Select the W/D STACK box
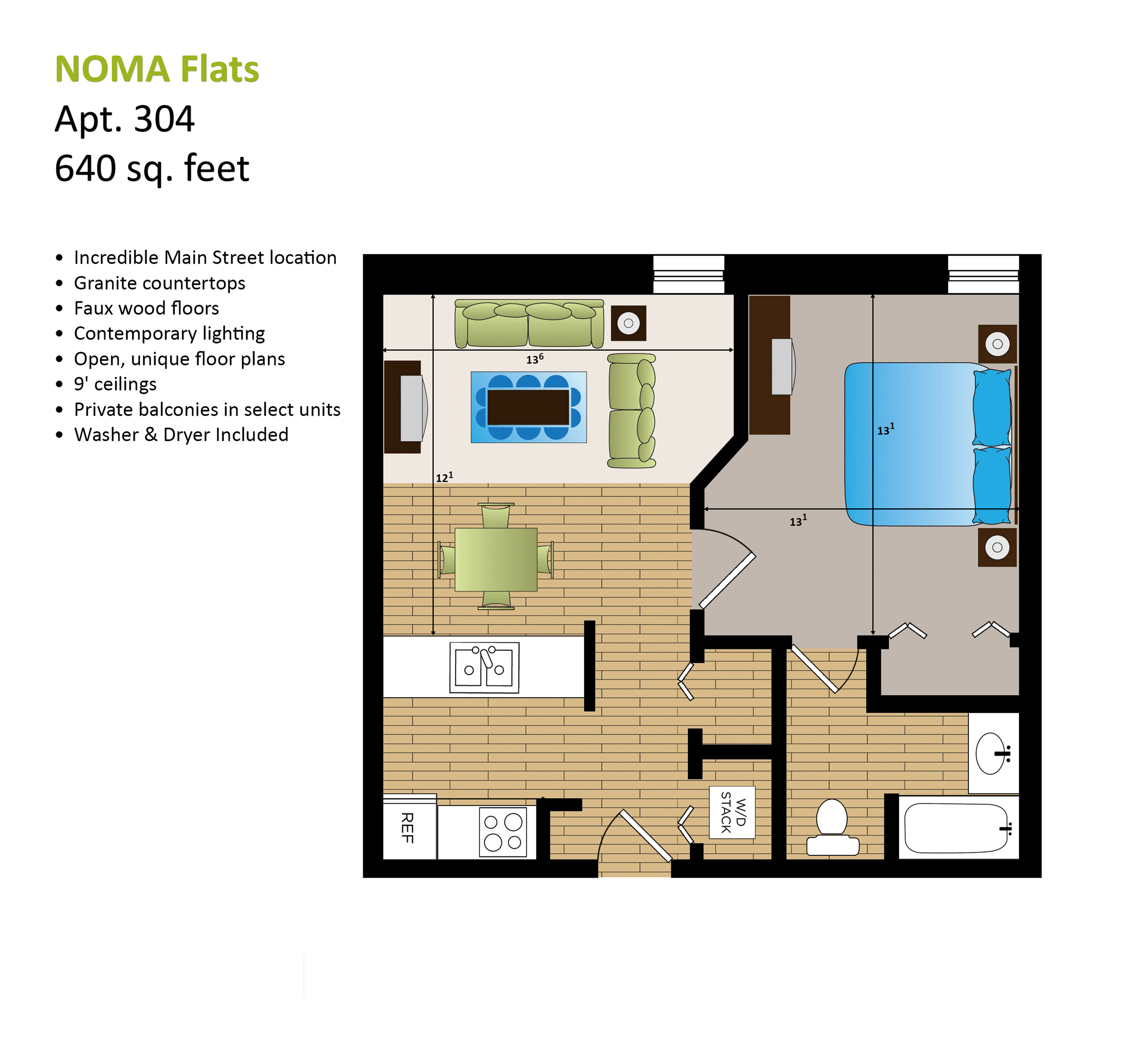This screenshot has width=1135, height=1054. (732, 812)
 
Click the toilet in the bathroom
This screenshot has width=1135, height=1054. (832, 827)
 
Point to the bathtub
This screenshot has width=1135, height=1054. (957, 827)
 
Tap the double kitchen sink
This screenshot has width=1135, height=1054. (484, 667)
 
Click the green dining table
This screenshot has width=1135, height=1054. (496, 559)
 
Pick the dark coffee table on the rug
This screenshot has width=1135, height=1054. (528, 407)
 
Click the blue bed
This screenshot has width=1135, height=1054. (928, 444)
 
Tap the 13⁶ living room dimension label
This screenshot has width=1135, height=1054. (534, 359)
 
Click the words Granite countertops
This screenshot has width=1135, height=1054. (160, 283)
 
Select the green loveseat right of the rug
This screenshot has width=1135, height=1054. (632, 411)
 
